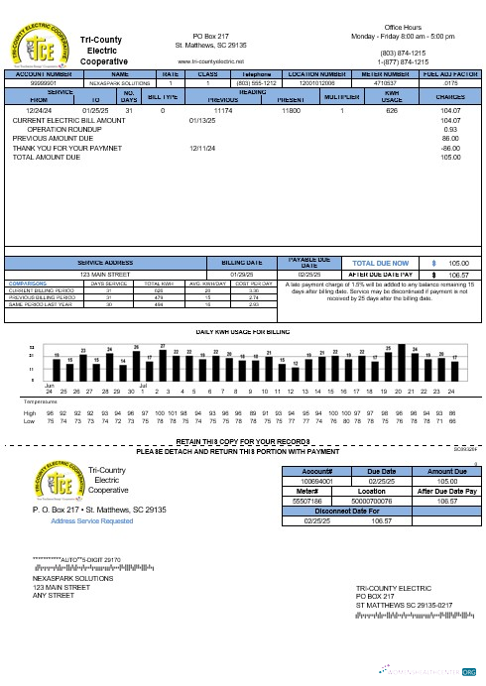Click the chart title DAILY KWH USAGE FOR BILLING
point(242,330)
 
